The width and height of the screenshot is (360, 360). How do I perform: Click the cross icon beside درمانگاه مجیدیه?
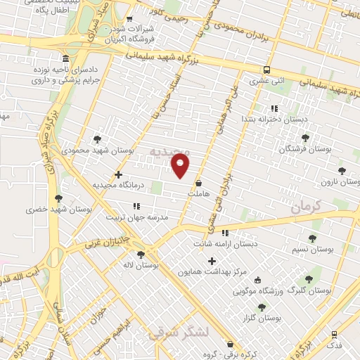click(x=118, y=174)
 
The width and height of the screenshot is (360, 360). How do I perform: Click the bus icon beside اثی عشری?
click(x=266, y=70)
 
